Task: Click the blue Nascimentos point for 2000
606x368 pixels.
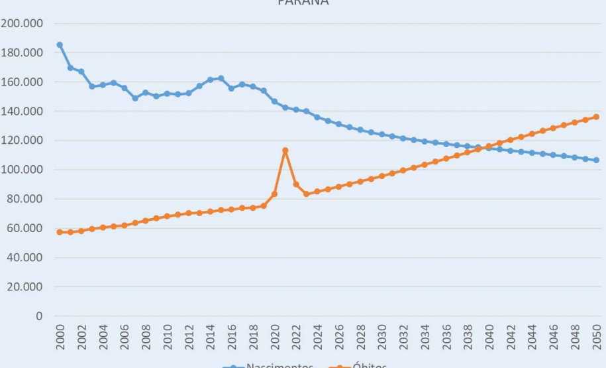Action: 60,45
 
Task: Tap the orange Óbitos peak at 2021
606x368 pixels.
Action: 285,151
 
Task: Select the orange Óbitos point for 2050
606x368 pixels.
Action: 596,117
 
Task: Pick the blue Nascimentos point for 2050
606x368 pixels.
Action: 596,160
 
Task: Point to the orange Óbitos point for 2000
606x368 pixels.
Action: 60,232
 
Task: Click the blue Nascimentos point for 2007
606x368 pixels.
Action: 135,98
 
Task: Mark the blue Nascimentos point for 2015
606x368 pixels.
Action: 221,78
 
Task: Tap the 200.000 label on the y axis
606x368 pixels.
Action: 23,24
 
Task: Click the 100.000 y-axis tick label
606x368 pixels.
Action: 23,170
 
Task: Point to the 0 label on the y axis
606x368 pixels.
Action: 39,316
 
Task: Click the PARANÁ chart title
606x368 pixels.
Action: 303,3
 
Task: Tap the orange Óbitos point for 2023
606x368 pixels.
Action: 307,194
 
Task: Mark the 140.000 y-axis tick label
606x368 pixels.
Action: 23,111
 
